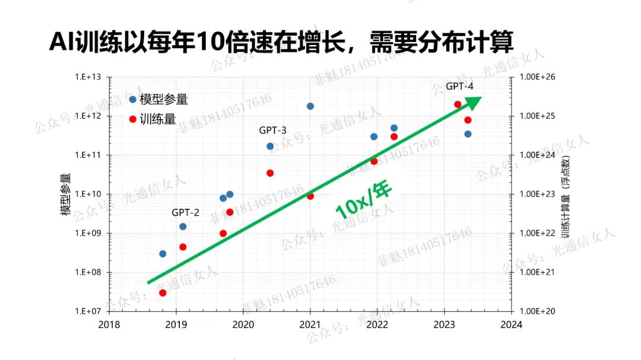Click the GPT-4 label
(460, 87)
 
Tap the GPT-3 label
(272, 130)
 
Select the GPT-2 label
(185, 212)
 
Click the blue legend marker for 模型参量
(132, 99)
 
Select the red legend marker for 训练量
(132, 119)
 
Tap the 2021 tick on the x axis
(310, 325)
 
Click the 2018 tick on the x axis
(109, 325)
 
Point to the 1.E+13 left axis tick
(88, 77)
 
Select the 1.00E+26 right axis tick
(537, 77)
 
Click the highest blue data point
(310, 106)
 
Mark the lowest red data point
(163, 292)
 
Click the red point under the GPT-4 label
(458, 104)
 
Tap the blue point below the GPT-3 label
(270, 146)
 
